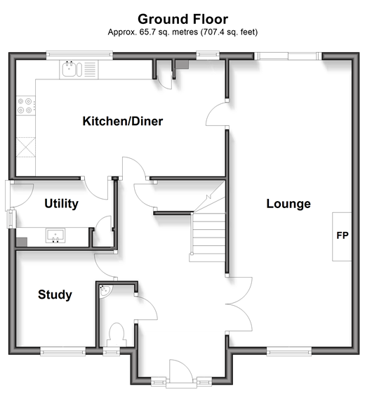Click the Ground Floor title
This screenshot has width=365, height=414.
(x=182, y=19)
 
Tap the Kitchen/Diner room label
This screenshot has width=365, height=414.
(x=123, y=121)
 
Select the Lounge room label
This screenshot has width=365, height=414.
(x=288, y=204)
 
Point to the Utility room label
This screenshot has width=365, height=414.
(x=62, y=204)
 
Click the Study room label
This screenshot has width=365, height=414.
(x=55, y=295)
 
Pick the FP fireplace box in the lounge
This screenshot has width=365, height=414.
(x=342, y=237)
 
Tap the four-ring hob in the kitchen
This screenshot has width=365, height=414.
(x=25, y=105)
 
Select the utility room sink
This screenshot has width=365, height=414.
(x=55, y=235)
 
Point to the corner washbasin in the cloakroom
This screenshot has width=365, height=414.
(x=105, y=291)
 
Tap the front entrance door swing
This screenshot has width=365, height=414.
(x=181, y=370)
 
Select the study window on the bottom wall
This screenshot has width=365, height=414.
(x=62, y=352)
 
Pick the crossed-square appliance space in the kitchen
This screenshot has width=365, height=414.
(x=25, y=147)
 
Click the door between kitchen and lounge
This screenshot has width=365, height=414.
(x=217, y=114)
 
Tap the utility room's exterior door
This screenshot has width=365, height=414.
(x=19, y=195)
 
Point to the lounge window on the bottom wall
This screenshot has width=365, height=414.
(x=289, y=352)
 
